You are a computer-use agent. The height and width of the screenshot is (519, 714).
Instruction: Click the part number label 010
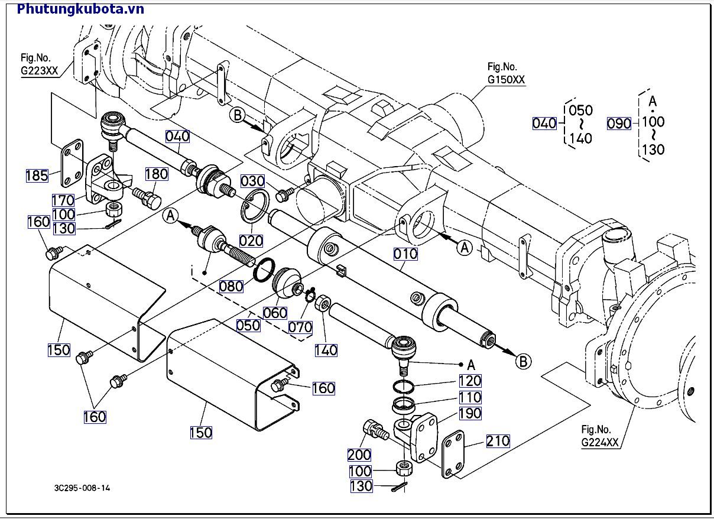coord(406,254)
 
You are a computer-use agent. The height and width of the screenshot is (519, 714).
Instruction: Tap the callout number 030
coord(252,181)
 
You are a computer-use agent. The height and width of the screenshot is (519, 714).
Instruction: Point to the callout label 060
coord(275,313)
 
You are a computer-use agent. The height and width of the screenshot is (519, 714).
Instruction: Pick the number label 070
coord(300,326)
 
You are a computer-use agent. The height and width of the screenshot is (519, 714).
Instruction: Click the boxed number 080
coord(231,286)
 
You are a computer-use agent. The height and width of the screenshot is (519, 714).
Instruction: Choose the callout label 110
coord(470,397)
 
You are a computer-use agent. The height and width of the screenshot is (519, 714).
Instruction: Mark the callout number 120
coord(470,381)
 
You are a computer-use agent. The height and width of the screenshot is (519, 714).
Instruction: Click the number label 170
coord(63,200)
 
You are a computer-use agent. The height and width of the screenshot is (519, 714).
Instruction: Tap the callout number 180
coord(157,174)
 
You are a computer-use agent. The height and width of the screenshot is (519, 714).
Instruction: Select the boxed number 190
coord(470,413)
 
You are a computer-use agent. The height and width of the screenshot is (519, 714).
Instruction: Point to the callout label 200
coord(359,455)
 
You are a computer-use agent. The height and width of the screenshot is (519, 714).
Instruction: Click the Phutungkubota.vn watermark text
coord(81,8)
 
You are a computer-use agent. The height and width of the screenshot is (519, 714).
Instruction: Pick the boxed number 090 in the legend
coord(619,123)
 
